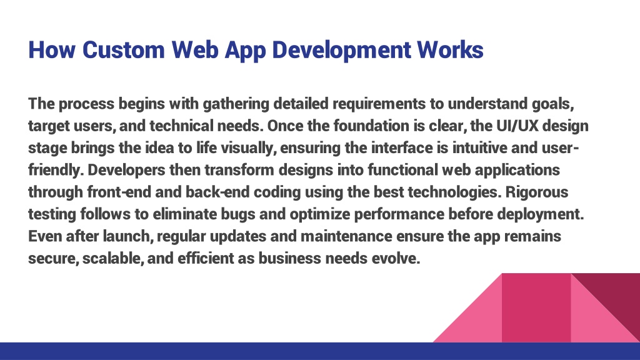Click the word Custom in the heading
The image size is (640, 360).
pyautogui.click(x=123, y=49)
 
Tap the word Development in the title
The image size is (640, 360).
pyautogui.click(x=341, y=51)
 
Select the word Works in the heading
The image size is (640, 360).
pyautogui.click(x=450, y=49)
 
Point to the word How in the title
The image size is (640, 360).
pyautogui.click(x=52, y=49)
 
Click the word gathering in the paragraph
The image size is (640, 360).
pyautogui.click(x=236, y=104)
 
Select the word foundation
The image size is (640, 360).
pyautogui.click(x=371, y=126)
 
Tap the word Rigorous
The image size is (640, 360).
pyautogui.click(x=537, y=192)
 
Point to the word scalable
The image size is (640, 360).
pyautogui.click(x=113, y=258)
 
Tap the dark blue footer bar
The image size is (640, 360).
pyautogui.click(x=320, y=351)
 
